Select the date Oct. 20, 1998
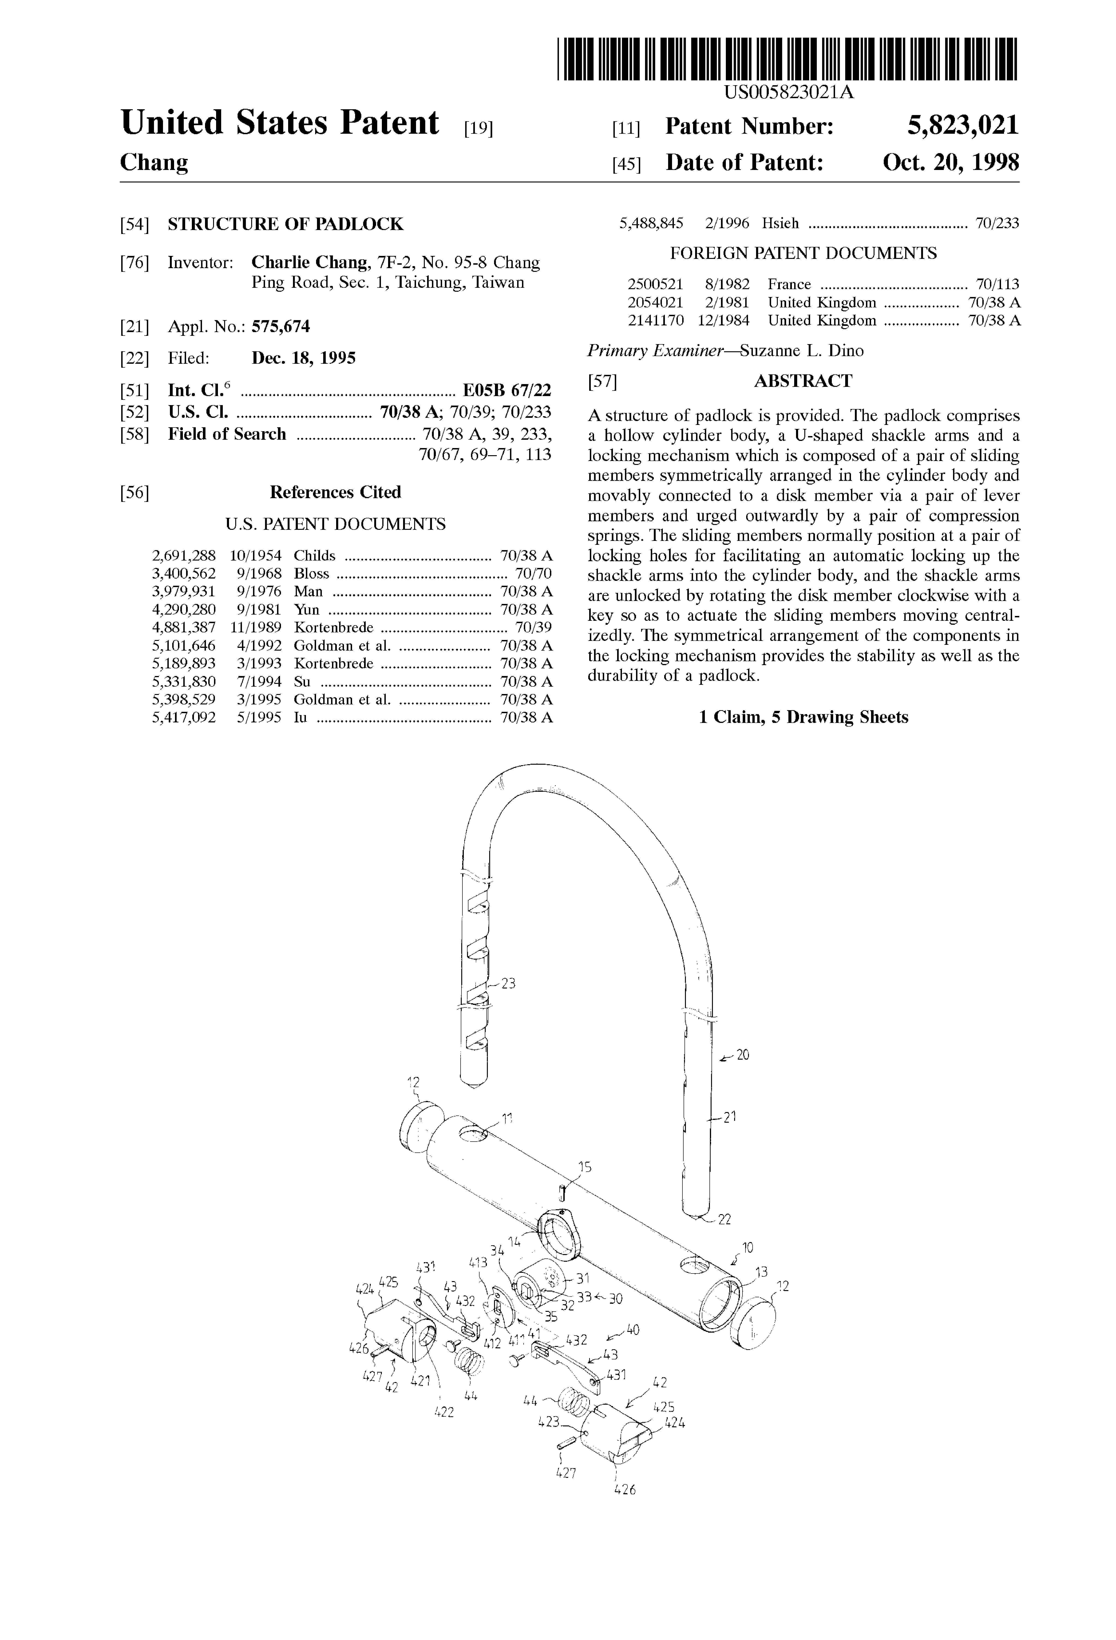coord(951,163)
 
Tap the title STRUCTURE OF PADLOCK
coord(286,224)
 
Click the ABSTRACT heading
coord(803,381)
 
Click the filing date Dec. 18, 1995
coord(303,358)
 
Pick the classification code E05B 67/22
coord(507,390)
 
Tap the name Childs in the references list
coord(315,556)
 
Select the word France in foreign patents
coord(789,284)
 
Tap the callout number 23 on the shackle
coord(508,983)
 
